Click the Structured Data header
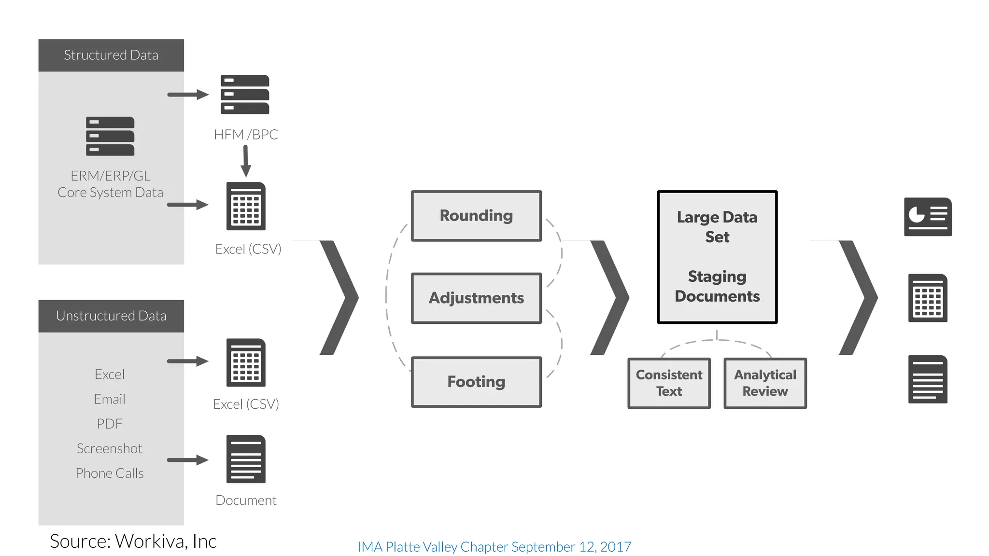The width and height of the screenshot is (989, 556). pyautogui.click(x=111, y=55)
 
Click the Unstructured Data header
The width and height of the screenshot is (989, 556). pyautogui.click(x=111, y=316)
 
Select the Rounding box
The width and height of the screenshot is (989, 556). pyautogui.click(x=476, y=216)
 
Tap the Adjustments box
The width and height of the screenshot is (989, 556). pyautogui.click(x=476, y=298)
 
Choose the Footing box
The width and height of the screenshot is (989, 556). pyautogui.click(x=476, y=382)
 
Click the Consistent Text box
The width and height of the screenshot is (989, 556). pyautogui.click(x=669, y=383)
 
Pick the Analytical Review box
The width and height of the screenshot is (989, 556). pyautogui.click(x=765, y=383)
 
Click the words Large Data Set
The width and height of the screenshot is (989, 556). pyautogui.click(x=717, y=227)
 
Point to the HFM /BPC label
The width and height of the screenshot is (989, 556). pyautogui.click(x=246, y=134)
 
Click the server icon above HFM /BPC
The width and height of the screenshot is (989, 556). pyautogui.click(x=245, y=94)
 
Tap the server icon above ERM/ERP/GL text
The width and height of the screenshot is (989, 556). pyautogui.click(x=110, y=136)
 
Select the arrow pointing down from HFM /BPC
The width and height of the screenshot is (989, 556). pyautogui.click(x=246, y=162)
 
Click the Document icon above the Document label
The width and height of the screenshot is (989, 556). pyautogui.click(x=246, y=459)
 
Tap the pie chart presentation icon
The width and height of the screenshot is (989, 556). pyautogui.click(x=928, y=217)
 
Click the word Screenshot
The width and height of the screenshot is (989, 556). pyautogui.click(x=110, y=448)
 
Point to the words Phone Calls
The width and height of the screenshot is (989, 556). pyautogui.click(x=110, y=473)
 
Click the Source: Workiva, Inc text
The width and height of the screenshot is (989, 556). pyautogui.click(x=133, y=541)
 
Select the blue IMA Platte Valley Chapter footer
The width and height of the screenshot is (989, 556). pyautogui.click(x=494, y=547)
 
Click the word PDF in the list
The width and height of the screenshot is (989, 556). pyautogui.click(x=110, y=424)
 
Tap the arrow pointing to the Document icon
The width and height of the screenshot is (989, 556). pyautogui.click(x=187, y=460)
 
